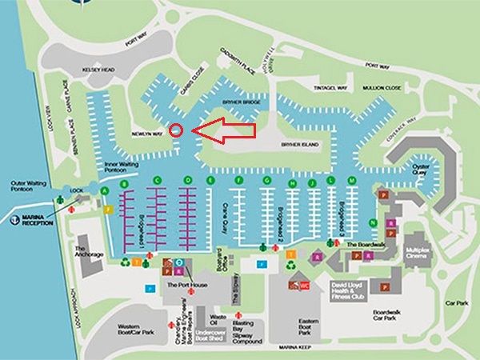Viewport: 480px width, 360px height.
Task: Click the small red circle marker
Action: tap(178, 130)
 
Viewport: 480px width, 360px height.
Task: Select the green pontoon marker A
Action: tap(104, 191)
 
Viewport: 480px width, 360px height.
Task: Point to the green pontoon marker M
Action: tap(352, 182)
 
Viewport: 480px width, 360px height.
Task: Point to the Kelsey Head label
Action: tap(98, 70)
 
